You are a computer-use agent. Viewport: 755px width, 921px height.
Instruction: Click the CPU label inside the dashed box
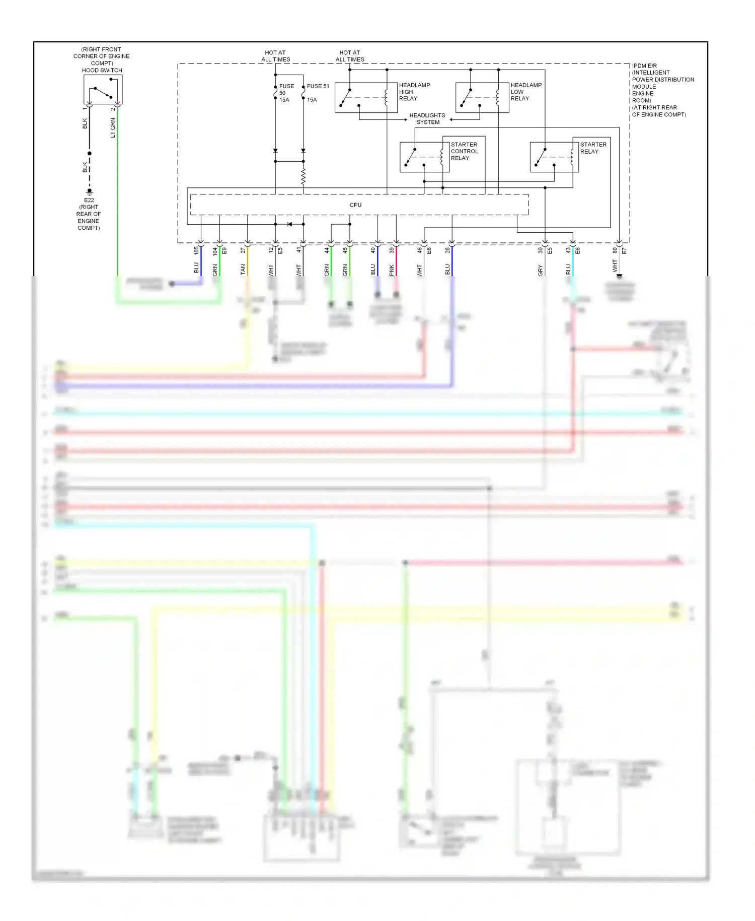tap(355, 205)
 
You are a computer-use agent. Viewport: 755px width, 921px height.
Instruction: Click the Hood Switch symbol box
tap(103, 90)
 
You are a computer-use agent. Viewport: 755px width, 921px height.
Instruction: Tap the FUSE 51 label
tap(318, 86)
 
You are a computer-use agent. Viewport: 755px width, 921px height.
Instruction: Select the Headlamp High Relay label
tap(414, 92)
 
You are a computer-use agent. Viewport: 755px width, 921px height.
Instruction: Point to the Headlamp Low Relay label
tap(526, 92)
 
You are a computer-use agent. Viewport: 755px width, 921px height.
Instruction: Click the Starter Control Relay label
tap(464, 151)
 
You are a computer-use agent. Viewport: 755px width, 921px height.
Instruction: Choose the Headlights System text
tap(427, 119)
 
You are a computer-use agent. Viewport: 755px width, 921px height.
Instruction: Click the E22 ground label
tap(89, 200)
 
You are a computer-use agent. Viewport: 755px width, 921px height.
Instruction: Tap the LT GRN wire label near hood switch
tap(113, 128)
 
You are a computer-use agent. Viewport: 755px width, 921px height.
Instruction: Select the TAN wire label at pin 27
tap(243, 270)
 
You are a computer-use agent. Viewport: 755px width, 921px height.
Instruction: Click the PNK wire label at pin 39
tap(392, 270)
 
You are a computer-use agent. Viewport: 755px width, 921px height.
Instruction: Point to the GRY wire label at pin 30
tap(541, 270)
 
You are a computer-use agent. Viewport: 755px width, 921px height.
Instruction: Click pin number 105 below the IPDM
tap(196, 250)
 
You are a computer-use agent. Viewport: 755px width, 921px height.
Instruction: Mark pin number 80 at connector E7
tap(615, 250)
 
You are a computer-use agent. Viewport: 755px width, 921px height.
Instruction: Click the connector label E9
tap(224, 250)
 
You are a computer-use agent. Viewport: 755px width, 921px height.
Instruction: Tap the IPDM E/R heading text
tap(644, 66)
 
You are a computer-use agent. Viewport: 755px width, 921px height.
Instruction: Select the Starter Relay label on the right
tap(593, 148)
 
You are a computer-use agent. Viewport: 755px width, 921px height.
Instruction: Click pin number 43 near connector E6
tap(568, 250)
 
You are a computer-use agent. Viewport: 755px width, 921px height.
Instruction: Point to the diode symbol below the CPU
tap(289, 224)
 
